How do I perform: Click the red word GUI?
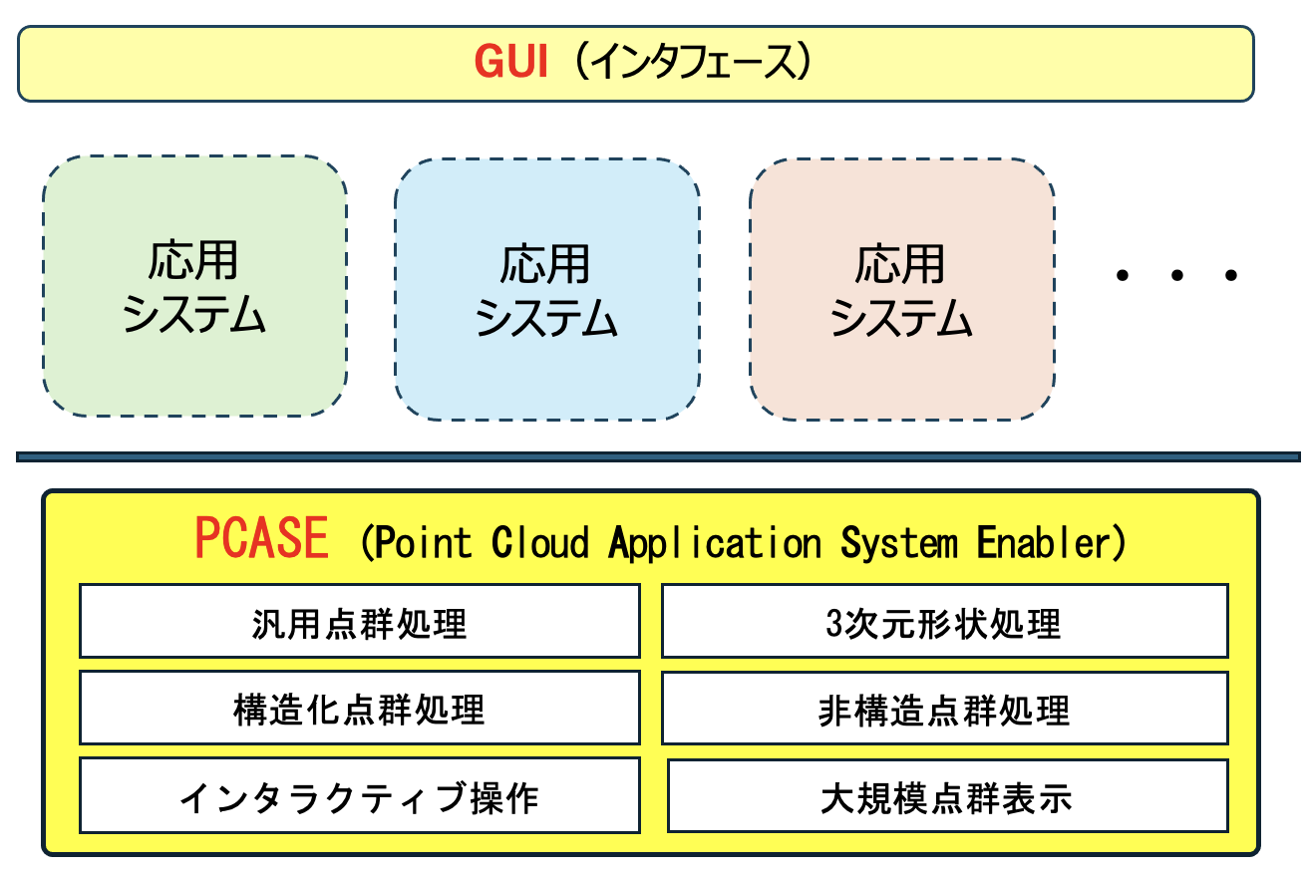(x=510, y=61)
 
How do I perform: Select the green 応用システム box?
(x=195, y=286)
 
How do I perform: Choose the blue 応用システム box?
(x=547, y=289)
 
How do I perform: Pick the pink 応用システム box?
(x=902, y=289)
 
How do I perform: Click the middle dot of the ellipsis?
(x=1177, y=275)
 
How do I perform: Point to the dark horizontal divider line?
(x=658, y=456)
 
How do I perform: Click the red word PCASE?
(x=261, y=538)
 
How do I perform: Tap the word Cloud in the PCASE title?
(x=540, y=542)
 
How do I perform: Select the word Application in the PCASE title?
(x=715, y=543)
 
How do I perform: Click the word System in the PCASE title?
(x=899, y=543)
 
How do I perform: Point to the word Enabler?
(x=1043, y=542)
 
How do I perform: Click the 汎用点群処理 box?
(x=360, y=621)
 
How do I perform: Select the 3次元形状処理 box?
(x=945, y=621)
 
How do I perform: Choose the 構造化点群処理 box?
(x=360, y=708)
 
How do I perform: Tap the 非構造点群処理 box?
(x=945, y=708)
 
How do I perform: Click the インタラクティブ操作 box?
(x=360, y=795)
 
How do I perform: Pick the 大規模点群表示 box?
(x=948, y=795)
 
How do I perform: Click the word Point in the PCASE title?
(x=423, y=542)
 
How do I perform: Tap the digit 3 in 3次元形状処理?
(x=833, y=623)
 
